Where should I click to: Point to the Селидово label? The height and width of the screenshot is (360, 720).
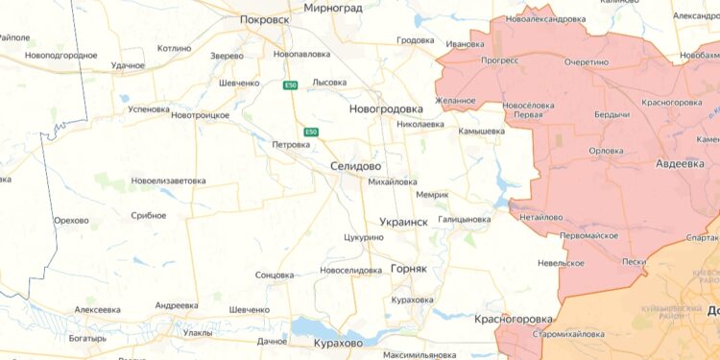click(x=355, y=166)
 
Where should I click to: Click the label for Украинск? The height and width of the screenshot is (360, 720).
click(x=403, y=221)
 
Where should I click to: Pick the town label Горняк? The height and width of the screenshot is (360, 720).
click(x=408, y=269)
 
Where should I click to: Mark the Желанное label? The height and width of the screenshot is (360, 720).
click(x=455, y=100)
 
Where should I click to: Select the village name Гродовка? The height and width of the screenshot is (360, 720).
click(x=415, y=40)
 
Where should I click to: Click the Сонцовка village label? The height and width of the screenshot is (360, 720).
click(x=275, y=275)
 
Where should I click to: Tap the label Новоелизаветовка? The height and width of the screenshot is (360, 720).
click(x=169, y=180)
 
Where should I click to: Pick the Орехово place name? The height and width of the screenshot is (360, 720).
click(x=71, y=221)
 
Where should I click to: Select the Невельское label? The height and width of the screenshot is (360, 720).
click(x=561, y=262)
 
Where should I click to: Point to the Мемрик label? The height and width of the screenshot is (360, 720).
click(x=432, y=195)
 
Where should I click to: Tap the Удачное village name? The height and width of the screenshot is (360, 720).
click(x=128, y=65)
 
